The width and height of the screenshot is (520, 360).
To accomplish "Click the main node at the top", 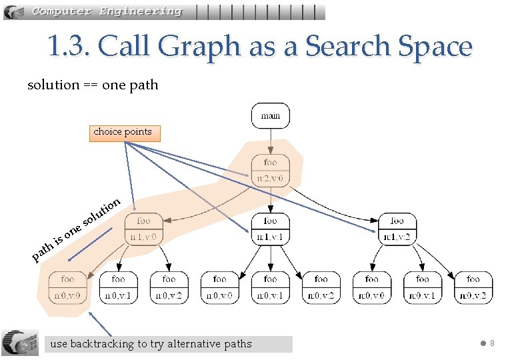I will point(270,115).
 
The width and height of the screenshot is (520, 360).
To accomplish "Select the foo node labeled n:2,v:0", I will point(270,170).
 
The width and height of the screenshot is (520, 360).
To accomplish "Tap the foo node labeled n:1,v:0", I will point(143,229).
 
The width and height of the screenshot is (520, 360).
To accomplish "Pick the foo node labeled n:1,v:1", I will point(270,229).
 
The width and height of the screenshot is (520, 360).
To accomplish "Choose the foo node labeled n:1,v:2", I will point(397,229).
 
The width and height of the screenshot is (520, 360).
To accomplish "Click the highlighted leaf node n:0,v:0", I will point(67,287).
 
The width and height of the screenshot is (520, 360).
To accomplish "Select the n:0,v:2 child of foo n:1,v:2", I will point(473,287).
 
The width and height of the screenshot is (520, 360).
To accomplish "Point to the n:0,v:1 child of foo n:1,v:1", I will point(270,287).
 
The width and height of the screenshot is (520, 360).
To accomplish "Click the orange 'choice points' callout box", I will point(123,132).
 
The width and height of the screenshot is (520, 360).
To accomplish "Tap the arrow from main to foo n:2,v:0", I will point(270,141).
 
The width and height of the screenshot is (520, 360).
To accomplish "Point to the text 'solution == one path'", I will point(93,85).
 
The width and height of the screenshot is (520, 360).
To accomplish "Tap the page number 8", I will point(492,343).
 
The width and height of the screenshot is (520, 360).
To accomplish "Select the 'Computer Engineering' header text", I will point(107,11).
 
